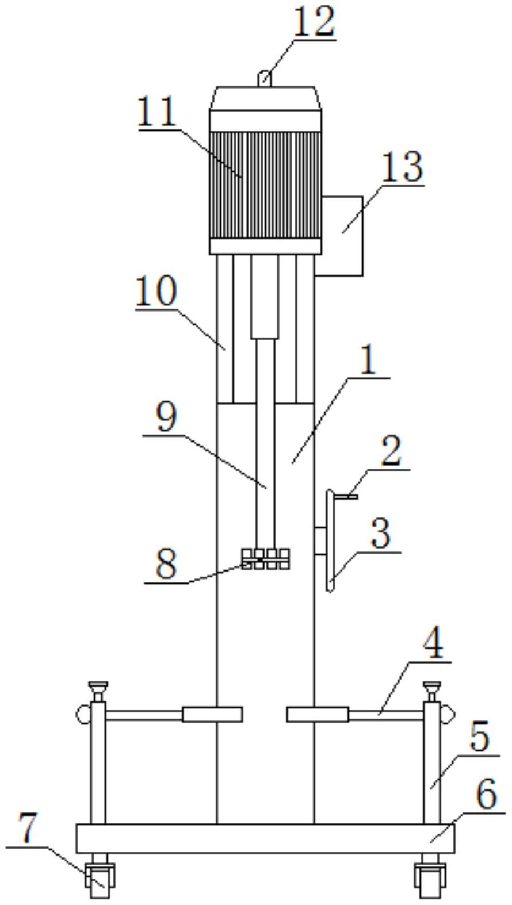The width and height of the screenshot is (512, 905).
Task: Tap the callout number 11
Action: click(156, 112)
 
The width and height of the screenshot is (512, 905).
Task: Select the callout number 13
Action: click(401, 167)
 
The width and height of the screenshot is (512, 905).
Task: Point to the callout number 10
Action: click(156, 292)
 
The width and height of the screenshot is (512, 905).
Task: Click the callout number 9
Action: click(167, 418)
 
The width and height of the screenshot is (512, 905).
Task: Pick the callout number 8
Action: click(166, 565)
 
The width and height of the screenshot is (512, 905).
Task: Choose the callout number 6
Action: click(486, 796)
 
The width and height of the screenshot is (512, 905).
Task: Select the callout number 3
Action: click(380, 534)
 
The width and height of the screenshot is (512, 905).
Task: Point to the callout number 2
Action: click(391, 452)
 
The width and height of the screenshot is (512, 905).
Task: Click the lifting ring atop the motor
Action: click(263, 77)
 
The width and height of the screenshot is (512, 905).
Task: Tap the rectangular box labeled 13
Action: click(342, 236)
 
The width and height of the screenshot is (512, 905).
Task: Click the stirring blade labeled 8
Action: click(265, 558)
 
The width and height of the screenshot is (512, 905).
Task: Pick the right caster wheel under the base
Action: click(429, 879)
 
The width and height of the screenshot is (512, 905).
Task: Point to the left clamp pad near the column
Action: click(212, 715)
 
